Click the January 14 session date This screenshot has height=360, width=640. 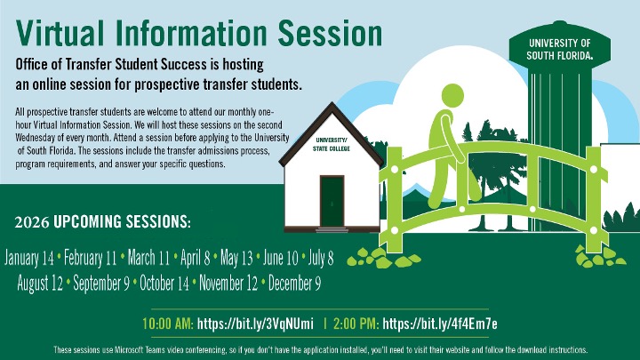(29, 259)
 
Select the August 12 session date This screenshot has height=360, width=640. (39, 284)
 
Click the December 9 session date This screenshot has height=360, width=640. (292, 284)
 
